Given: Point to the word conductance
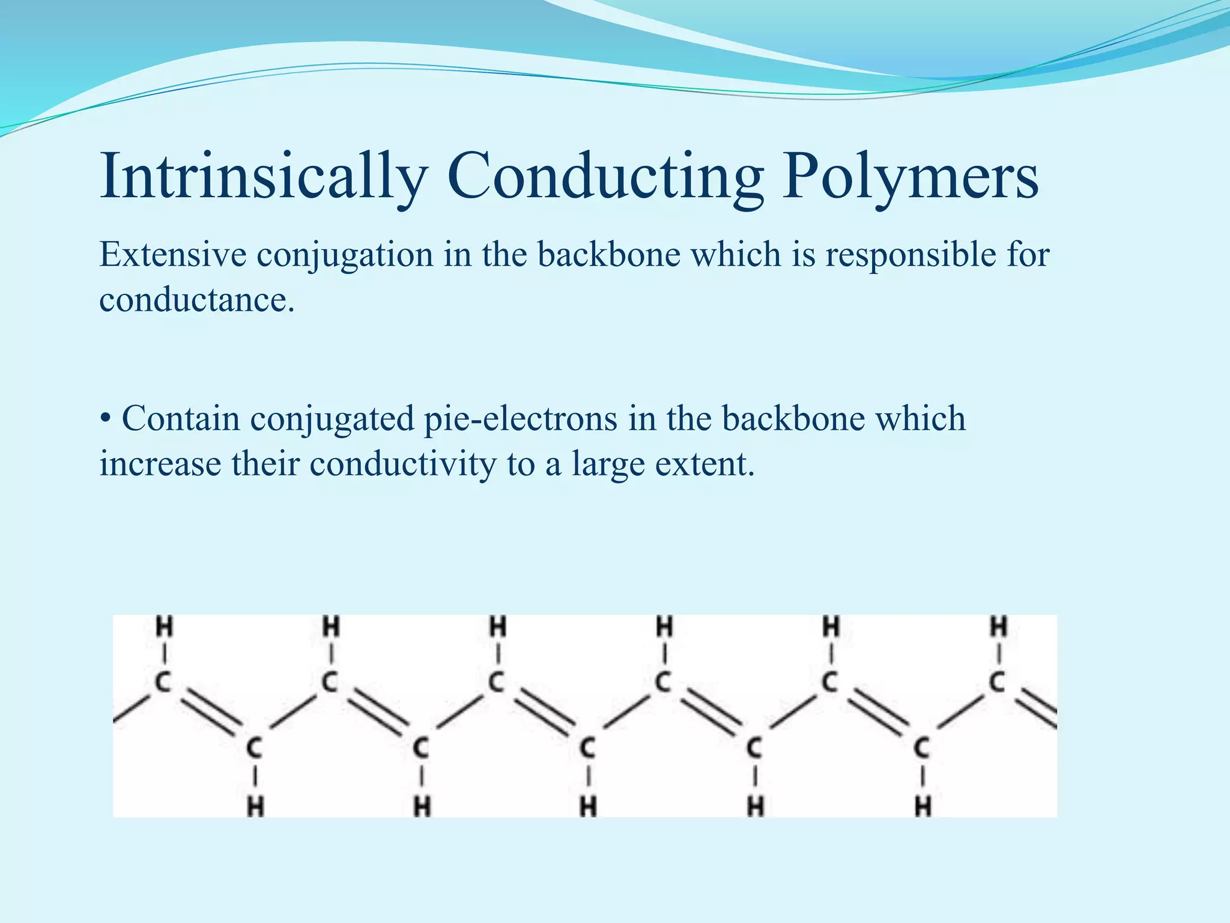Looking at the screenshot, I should click(197, 299).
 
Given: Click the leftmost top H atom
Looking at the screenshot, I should click(164, 627).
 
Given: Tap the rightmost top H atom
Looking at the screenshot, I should click(998, 627).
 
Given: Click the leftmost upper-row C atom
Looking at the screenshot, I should click(163, 682).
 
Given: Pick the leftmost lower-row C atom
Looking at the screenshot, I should click(255, 749).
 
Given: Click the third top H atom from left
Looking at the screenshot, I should click(497, 627).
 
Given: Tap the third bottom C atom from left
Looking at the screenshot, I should click(587, 749).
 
